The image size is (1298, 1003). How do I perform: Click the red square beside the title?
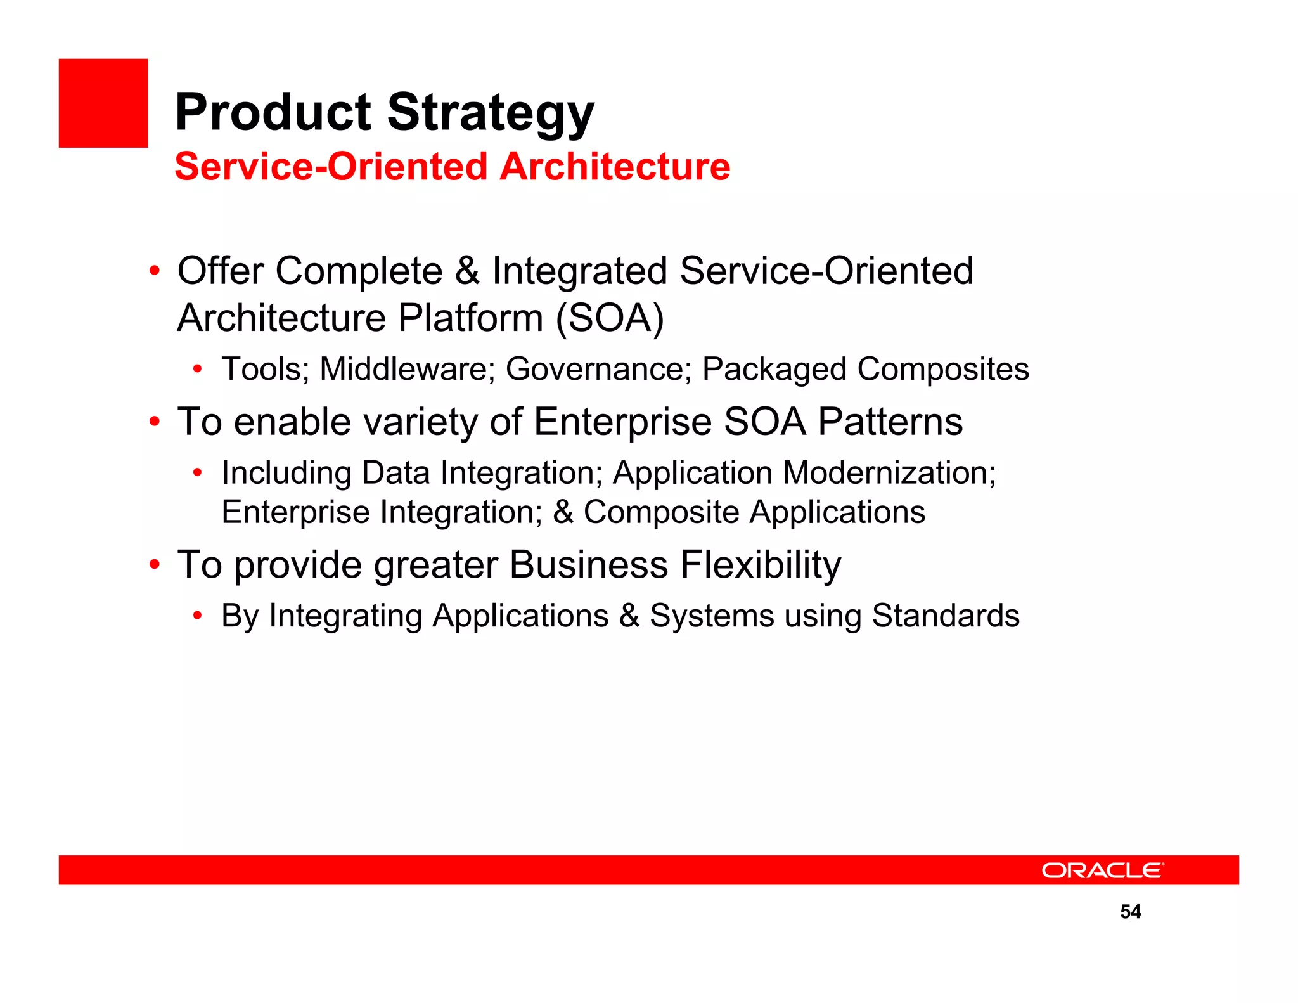(103, 103)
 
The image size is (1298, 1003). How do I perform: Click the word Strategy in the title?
(491, 113)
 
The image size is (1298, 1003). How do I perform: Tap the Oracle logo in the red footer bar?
(1103, 870)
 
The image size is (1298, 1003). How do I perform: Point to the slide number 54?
(1130, 912)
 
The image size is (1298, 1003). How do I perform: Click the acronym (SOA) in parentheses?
(610, 318)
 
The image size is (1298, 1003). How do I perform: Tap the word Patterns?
(890, 422)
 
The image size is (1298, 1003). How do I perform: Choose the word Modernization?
(889, 473)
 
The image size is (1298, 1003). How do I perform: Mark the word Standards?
(945, 616)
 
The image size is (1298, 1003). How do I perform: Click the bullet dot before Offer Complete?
(154, 271)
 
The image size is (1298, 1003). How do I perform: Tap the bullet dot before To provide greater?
(154, 564)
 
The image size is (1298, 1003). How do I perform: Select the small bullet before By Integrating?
(198, 616)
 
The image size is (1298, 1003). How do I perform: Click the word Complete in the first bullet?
(359, 271)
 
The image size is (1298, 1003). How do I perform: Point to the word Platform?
(470, 318)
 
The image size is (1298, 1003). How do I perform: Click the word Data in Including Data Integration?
(395, 473)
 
